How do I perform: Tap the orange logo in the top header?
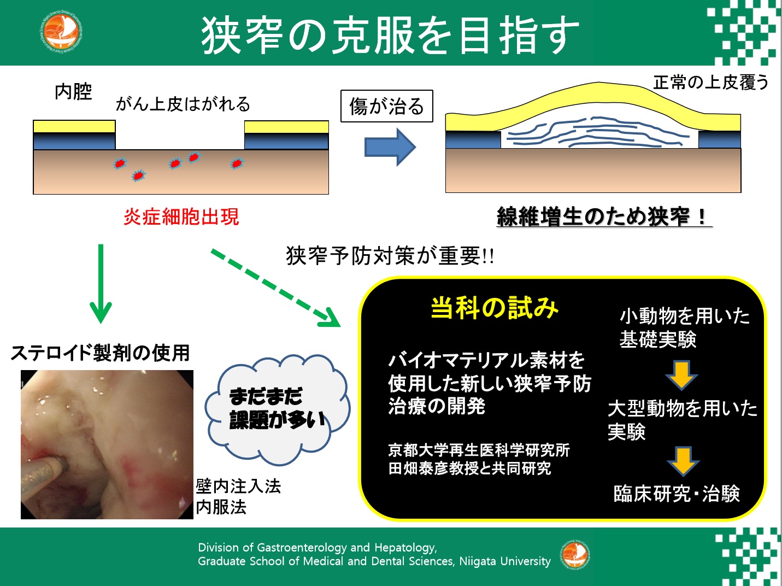60,33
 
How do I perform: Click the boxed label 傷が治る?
386,106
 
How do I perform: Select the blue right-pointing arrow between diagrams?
390,146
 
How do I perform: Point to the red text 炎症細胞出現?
181,216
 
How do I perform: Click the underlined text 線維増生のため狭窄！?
604,216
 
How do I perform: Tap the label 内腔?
73,91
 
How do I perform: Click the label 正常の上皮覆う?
711,83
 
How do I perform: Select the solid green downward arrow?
101,284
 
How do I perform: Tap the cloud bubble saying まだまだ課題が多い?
277,409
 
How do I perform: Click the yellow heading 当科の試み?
494,308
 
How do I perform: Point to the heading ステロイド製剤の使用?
100,353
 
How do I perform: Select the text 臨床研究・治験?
677,494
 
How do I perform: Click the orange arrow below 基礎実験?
681,375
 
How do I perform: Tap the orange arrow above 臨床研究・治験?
683,462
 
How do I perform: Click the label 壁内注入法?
238,487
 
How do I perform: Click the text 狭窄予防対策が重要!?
390,256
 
